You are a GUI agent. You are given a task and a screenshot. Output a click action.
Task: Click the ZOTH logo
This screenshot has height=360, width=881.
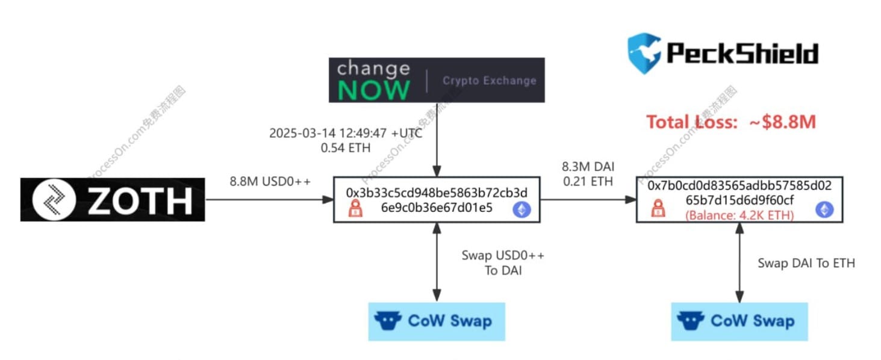113,199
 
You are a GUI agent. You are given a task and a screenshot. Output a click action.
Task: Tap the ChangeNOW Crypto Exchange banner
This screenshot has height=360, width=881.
437,80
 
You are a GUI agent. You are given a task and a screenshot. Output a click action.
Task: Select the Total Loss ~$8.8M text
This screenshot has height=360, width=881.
731,122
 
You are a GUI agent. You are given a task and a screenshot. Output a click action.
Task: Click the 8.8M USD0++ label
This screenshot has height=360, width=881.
270,181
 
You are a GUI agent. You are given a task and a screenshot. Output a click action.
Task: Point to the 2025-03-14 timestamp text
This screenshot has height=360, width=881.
346,133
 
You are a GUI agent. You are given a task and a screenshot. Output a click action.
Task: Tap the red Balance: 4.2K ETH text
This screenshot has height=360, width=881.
739,215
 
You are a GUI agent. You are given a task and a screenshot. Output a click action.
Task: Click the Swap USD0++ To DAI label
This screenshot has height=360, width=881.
503,262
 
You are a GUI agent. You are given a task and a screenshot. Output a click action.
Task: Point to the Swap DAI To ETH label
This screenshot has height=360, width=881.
806,263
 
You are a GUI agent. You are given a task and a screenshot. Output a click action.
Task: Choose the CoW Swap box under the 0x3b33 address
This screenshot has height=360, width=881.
437,321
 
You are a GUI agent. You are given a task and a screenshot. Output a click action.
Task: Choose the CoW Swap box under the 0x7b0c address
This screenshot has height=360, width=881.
739,321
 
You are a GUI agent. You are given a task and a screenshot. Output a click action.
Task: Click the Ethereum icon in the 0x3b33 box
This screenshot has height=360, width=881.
521,209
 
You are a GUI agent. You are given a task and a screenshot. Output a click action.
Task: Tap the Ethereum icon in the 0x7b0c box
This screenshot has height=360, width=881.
824,209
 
